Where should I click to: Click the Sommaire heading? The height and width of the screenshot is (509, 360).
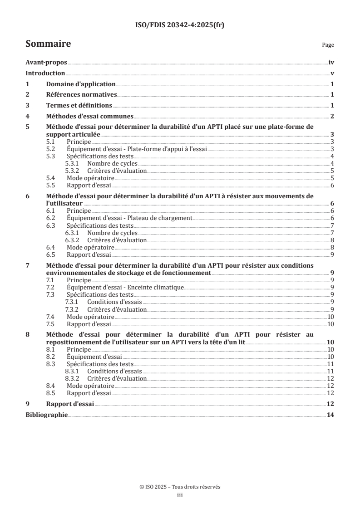48,44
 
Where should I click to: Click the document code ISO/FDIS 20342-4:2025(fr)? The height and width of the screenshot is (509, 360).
180,25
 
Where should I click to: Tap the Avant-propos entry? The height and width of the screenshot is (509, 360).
46,63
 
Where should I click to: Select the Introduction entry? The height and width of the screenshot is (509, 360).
45,73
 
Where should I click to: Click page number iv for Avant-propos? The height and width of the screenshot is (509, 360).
331,63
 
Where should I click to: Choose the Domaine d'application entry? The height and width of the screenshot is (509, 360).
81,84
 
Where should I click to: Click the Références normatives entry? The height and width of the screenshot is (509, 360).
82,94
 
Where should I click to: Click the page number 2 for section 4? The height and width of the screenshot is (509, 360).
332,116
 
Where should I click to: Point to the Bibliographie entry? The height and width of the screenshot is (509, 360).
47,415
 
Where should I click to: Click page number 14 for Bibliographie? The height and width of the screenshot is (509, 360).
330,415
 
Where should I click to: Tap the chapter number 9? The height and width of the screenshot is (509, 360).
28,404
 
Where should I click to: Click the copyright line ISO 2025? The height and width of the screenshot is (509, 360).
180,486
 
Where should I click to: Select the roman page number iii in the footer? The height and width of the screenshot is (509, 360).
180,495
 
